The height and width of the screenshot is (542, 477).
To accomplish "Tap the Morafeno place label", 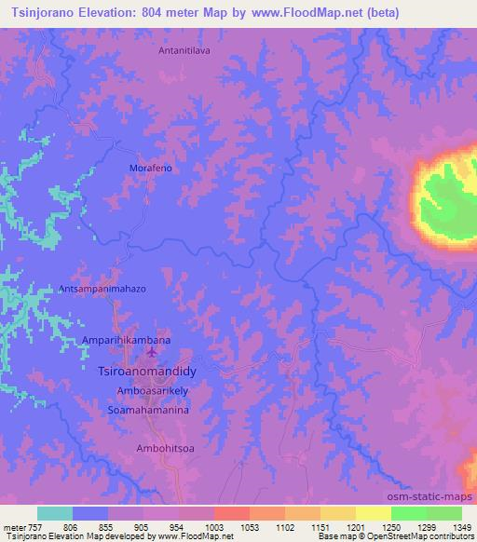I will (147, 169).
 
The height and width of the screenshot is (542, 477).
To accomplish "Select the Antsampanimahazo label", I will (102, 289).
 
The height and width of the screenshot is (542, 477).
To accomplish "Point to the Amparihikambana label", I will (127, 341).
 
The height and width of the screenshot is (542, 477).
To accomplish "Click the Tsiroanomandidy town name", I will (149, 370).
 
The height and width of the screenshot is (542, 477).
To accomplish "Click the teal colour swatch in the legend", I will (54, 513).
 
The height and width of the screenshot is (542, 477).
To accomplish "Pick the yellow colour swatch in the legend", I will (372, 513).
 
